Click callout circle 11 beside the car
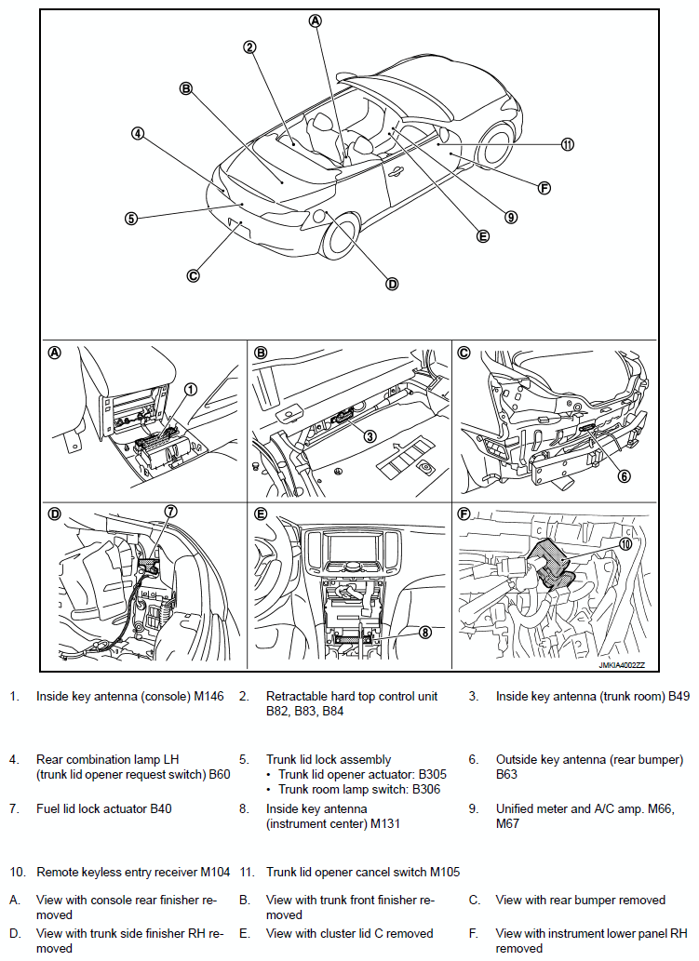(x=568, y=144)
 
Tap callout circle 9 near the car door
(x=511, y=217)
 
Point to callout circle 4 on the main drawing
(x=137, y=133)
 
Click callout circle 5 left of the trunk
(x=131, y=219)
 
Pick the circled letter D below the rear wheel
(x=392, y=284)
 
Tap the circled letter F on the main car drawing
(x=544, y=187)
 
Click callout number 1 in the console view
(x=191, y=390)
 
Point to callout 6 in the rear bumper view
(x=625, y=475)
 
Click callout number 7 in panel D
(x=170, y=511)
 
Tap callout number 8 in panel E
(x=424, y=632)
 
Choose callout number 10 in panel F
(x=625, y=547)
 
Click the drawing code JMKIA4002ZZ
(x=622, y=665)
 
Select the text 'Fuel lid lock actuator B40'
(x=103, y=809)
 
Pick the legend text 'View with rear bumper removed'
(x=580, y=900)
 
